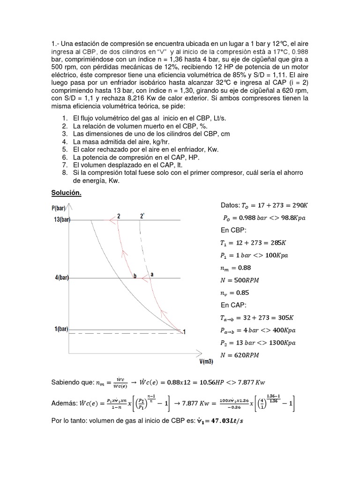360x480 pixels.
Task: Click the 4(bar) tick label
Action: (x=61, y=277)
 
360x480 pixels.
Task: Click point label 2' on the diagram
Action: (x=142, y=217)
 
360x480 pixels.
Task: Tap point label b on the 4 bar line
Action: (x=135, y=277)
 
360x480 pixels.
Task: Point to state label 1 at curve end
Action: (x=185, y=332)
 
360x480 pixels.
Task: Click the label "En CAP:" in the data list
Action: (x=233, y=305)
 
